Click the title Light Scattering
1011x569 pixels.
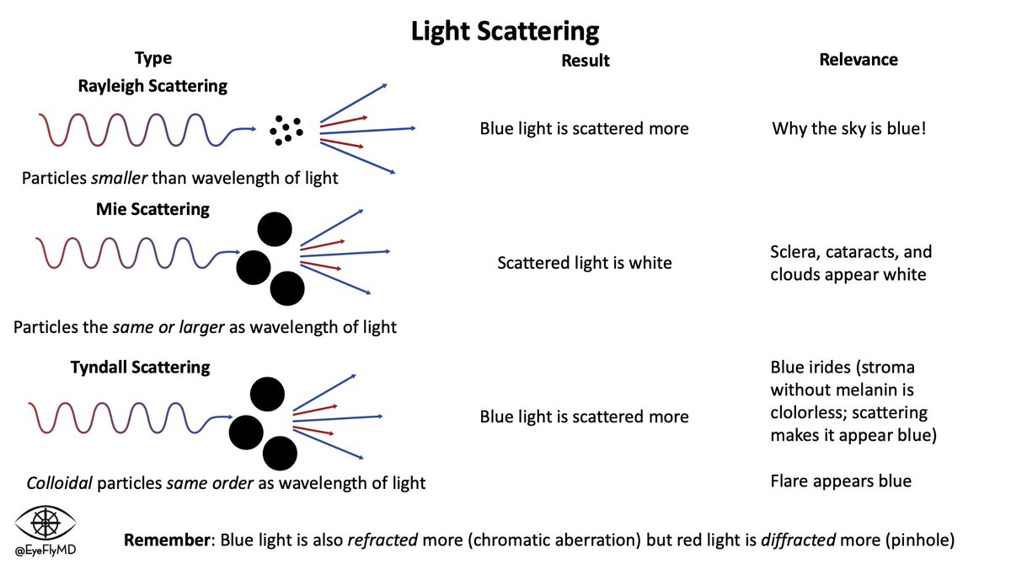coord(505,31)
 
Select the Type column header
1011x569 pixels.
coord(152,58)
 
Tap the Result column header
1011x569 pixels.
coord(585,60)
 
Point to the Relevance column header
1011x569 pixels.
coord(858,59)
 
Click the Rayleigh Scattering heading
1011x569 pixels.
coord(152,85)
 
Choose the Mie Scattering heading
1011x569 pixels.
coord(152,209)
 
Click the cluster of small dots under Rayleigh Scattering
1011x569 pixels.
coord(286,129)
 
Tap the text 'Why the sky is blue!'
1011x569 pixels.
coord(849,129)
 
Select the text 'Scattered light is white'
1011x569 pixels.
coord(585,263)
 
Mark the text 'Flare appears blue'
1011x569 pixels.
coord(841,481)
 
